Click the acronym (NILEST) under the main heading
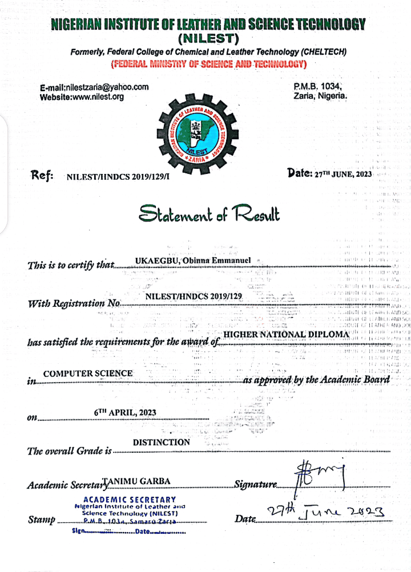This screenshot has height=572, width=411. pos(208,39)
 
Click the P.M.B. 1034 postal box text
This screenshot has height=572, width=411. pos(317,87)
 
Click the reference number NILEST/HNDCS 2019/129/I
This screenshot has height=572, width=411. pos(118,177)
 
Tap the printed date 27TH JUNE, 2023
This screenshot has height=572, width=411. pos(343,175)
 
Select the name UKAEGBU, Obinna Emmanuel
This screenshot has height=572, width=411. pos(193,261)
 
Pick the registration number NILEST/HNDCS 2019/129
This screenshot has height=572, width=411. pos(194,296)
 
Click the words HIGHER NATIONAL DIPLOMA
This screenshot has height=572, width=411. pos(286,335)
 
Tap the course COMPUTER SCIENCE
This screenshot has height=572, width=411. pos(88,374)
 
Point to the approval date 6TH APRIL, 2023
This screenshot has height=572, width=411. pos(125,413)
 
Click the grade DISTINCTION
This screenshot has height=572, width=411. pos(162,442)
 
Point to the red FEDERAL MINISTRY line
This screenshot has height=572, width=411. pos(209,63)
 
